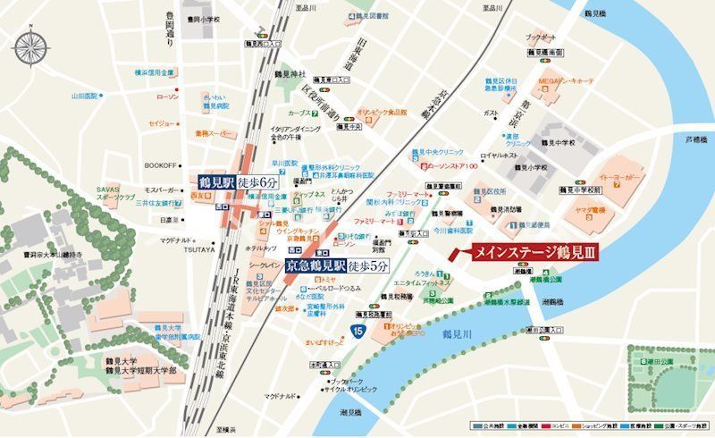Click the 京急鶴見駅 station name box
click(312, 265)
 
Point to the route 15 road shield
click(357, 332)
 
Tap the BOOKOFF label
click(161, 165)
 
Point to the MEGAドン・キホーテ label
click(567, 81)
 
